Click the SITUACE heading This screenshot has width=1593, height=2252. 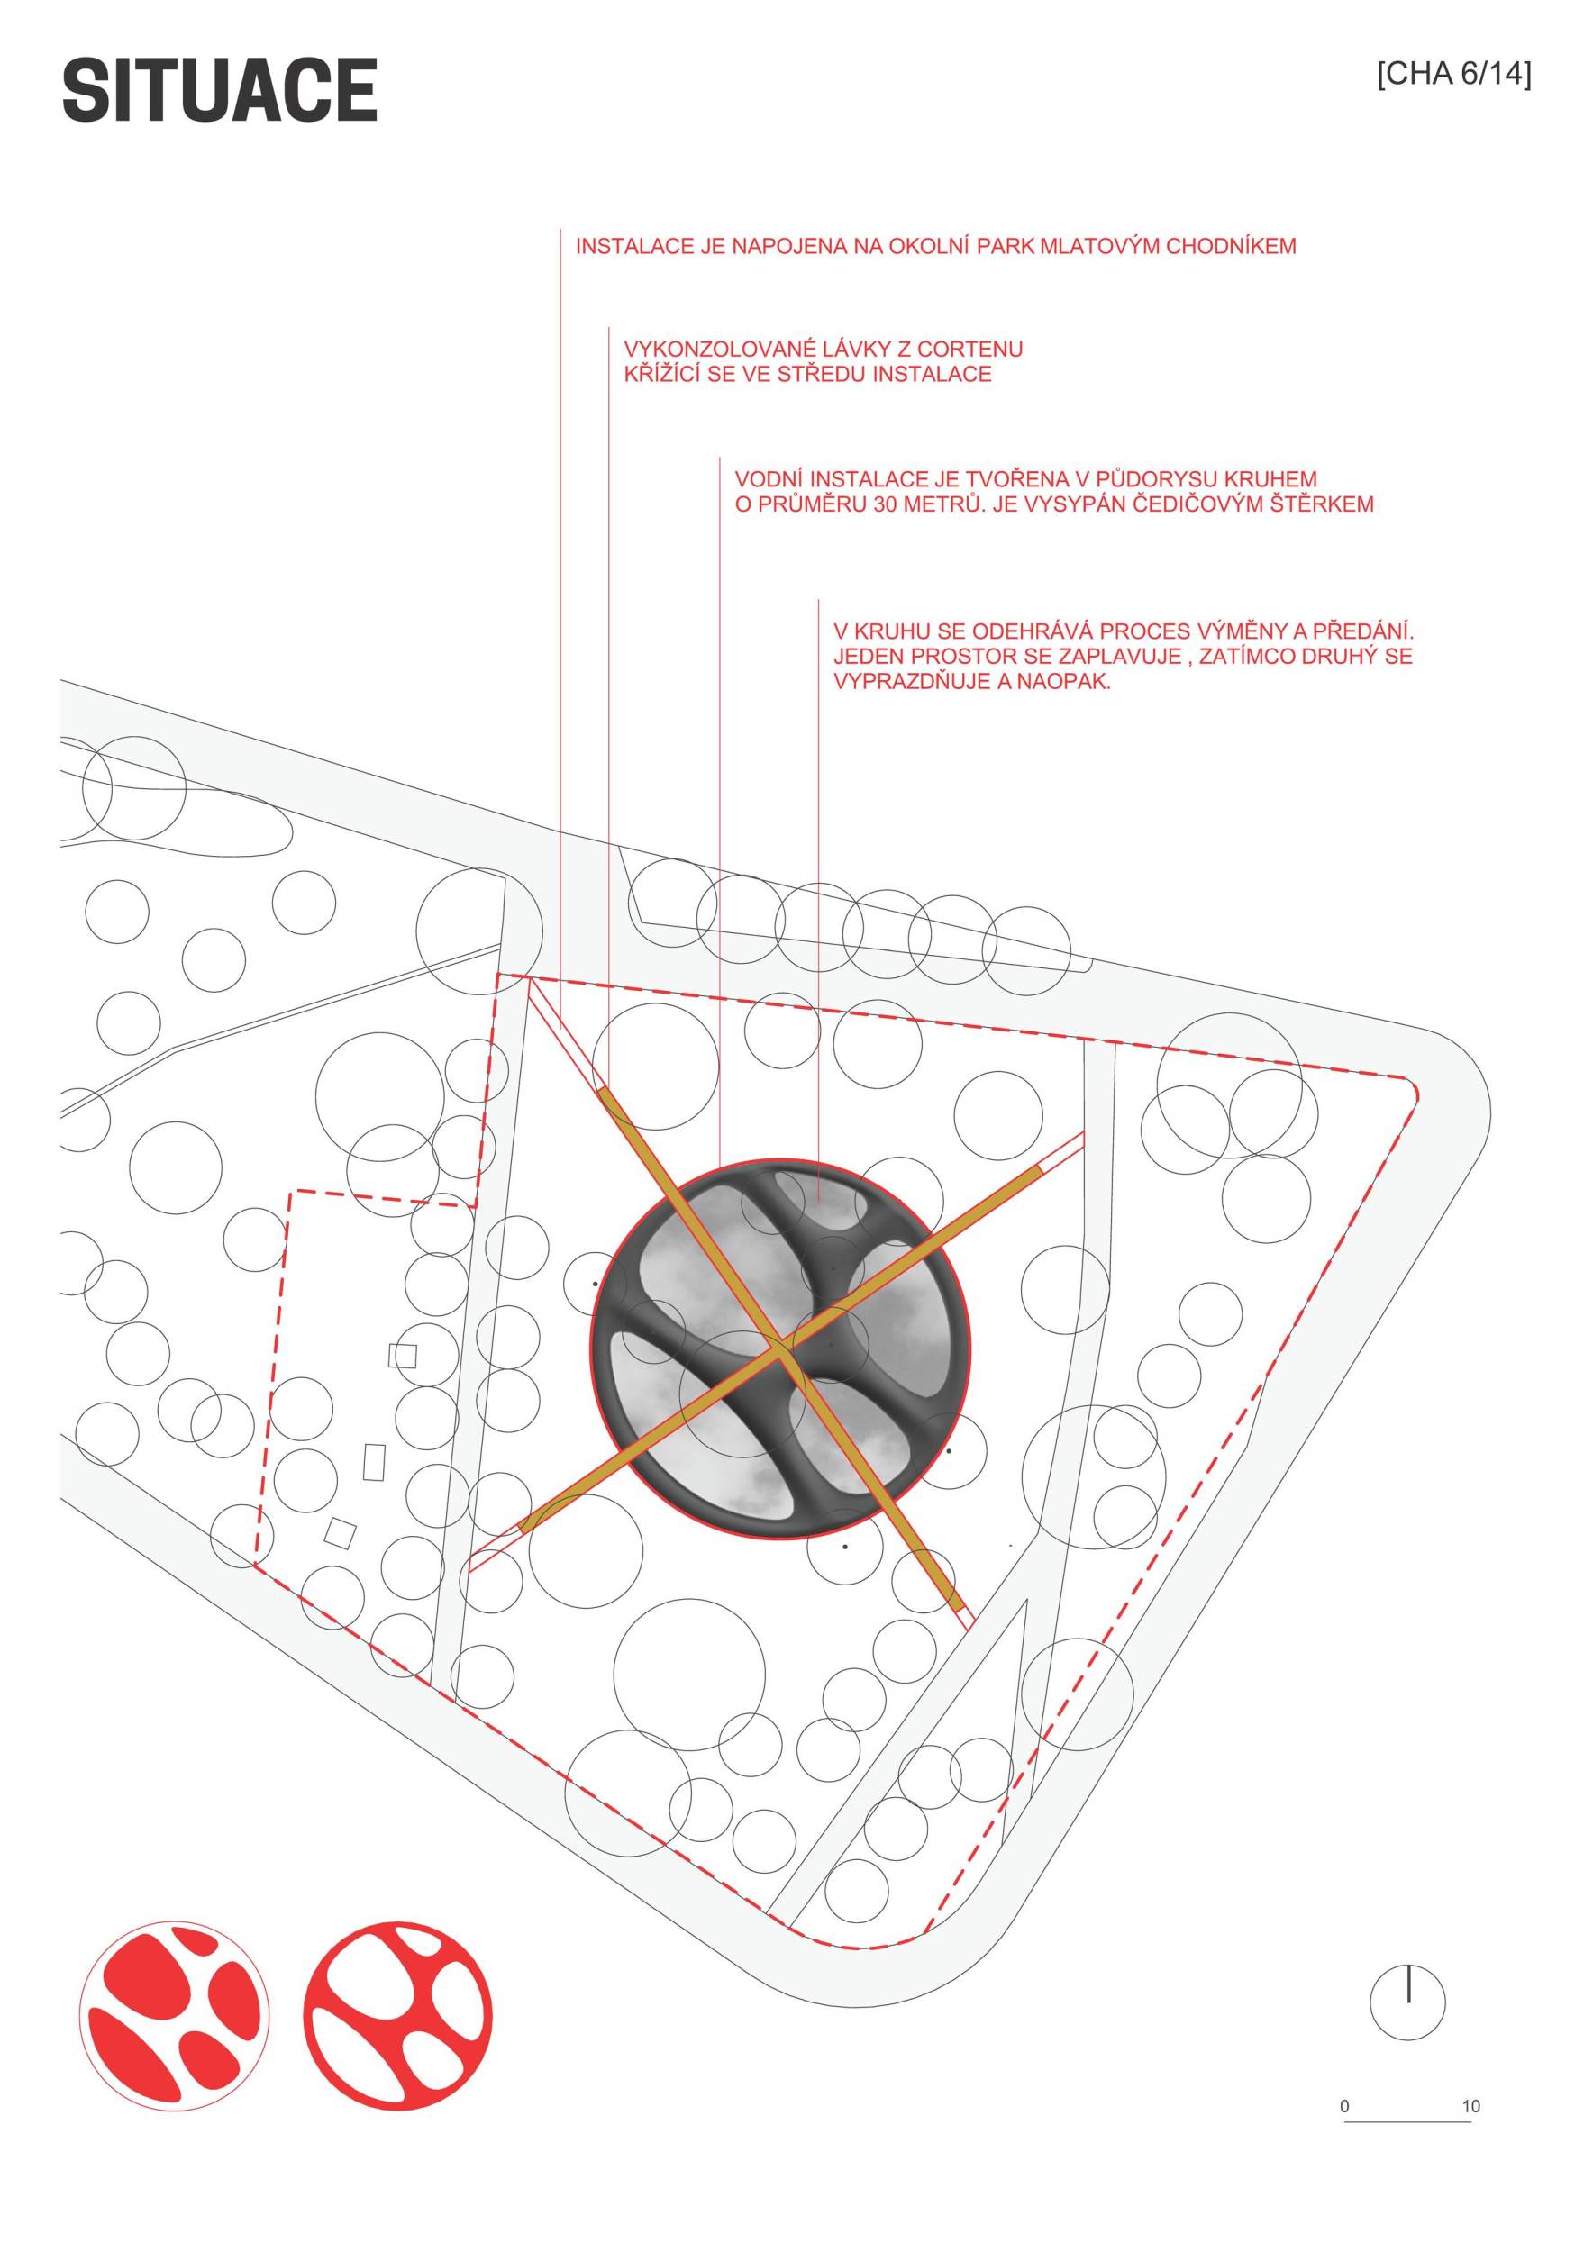220,90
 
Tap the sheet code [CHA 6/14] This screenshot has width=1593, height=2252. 1453,75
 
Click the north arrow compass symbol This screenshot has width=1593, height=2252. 1407,2002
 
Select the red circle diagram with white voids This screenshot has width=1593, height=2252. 397,2017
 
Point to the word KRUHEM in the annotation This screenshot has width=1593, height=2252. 1272,479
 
